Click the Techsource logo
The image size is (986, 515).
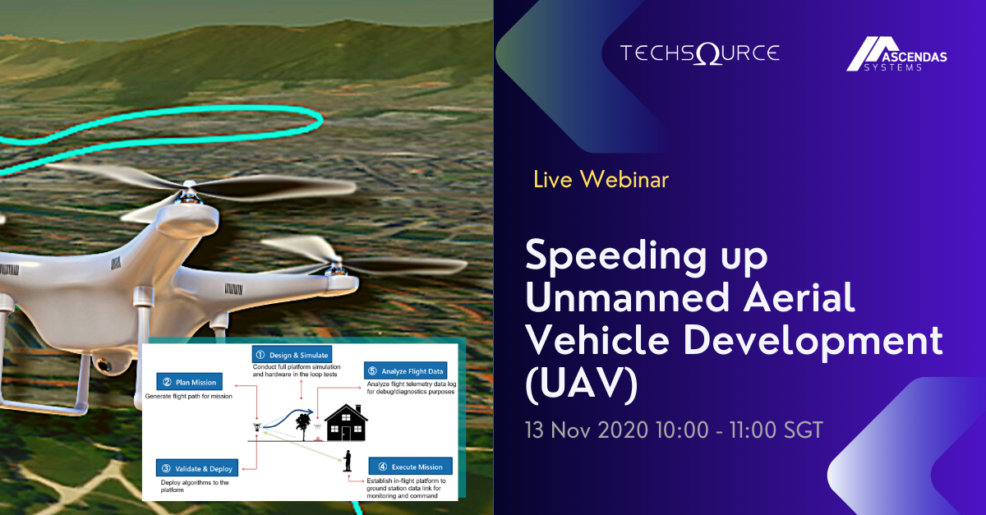pos(699,54)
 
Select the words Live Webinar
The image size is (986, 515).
pos(601,179)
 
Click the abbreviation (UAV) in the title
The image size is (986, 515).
pos(582,382)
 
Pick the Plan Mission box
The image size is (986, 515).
pos(188,381)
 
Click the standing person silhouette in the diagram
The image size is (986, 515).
pos(348,461)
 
